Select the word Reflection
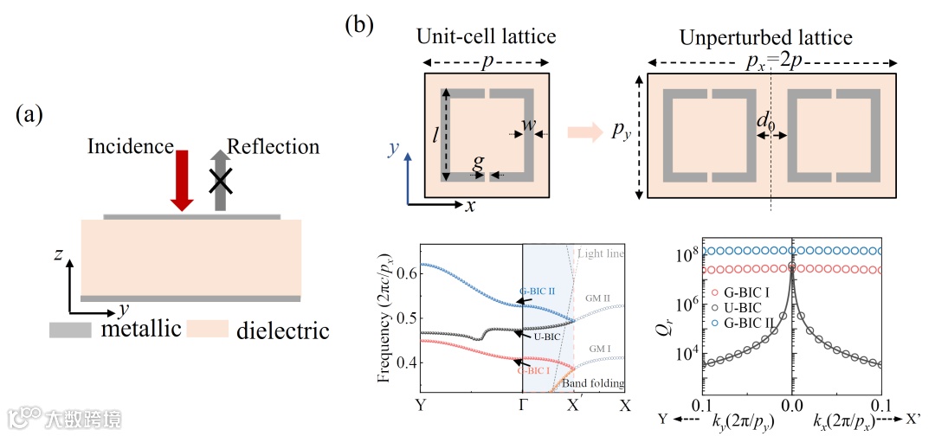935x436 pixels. (274, 146)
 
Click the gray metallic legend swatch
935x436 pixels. (72, 330)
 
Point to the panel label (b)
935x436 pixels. (359, 24)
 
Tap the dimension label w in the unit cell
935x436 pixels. (527, 124)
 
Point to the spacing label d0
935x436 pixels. (766, 122)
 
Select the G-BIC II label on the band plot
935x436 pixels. (537, 291)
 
